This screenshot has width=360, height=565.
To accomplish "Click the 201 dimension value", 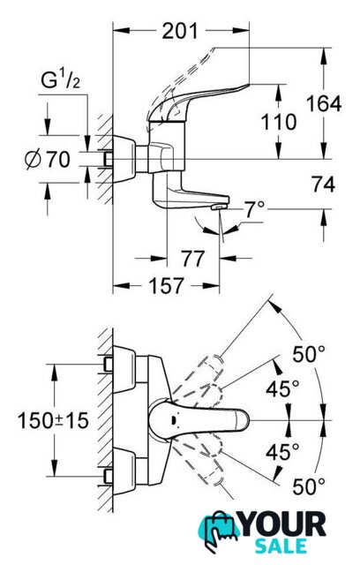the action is (x=180, y=31).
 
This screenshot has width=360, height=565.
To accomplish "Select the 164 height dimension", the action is (x=324, y=104).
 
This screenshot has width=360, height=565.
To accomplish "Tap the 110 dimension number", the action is (x=279, y=122).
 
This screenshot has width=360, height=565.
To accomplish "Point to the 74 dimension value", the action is (x=324, y=185).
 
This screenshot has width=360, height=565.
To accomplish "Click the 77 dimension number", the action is (x=193, y=259).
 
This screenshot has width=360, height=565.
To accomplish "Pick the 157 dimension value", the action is (x=166, y=286).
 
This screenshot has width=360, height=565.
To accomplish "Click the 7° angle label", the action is (x=254, y=209).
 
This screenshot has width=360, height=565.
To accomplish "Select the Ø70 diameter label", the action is (x=48, y=159).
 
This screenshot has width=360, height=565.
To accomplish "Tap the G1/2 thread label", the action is (x=61, y=80).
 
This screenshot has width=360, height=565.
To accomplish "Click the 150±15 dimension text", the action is (x=53, y=420).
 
